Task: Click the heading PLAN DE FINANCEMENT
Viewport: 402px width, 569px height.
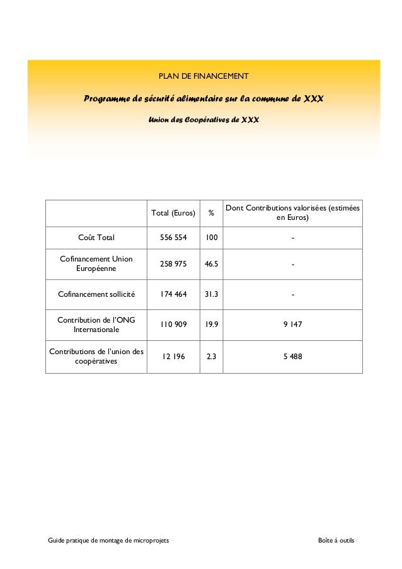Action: coord(203,77)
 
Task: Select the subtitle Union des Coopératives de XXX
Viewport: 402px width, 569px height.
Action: coord(203,119)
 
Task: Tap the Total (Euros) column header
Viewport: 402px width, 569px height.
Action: coord(173,212)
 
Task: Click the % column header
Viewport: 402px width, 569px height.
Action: coord(211,212)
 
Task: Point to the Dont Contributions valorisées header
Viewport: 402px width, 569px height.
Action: coord(293,212)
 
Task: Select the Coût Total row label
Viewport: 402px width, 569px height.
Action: coord(96,238)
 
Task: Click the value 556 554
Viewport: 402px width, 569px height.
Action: coord(173,238)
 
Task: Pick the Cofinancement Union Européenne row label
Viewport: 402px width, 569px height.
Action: coord(96,264)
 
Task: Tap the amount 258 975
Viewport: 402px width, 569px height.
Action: coord(173,264)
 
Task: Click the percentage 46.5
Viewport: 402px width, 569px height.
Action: coord(212,264)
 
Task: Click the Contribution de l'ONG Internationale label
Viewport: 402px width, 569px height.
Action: coord(96,325)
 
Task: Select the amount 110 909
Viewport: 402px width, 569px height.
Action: coord(173,325)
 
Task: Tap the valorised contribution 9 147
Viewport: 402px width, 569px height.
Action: coord(293,325)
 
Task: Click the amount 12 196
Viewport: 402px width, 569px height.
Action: coord(173,357)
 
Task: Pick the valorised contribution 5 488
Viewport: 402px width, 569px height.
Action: coord(293,357)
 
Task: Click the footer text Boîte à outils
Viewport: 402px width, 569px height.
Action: coord(336,542)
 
